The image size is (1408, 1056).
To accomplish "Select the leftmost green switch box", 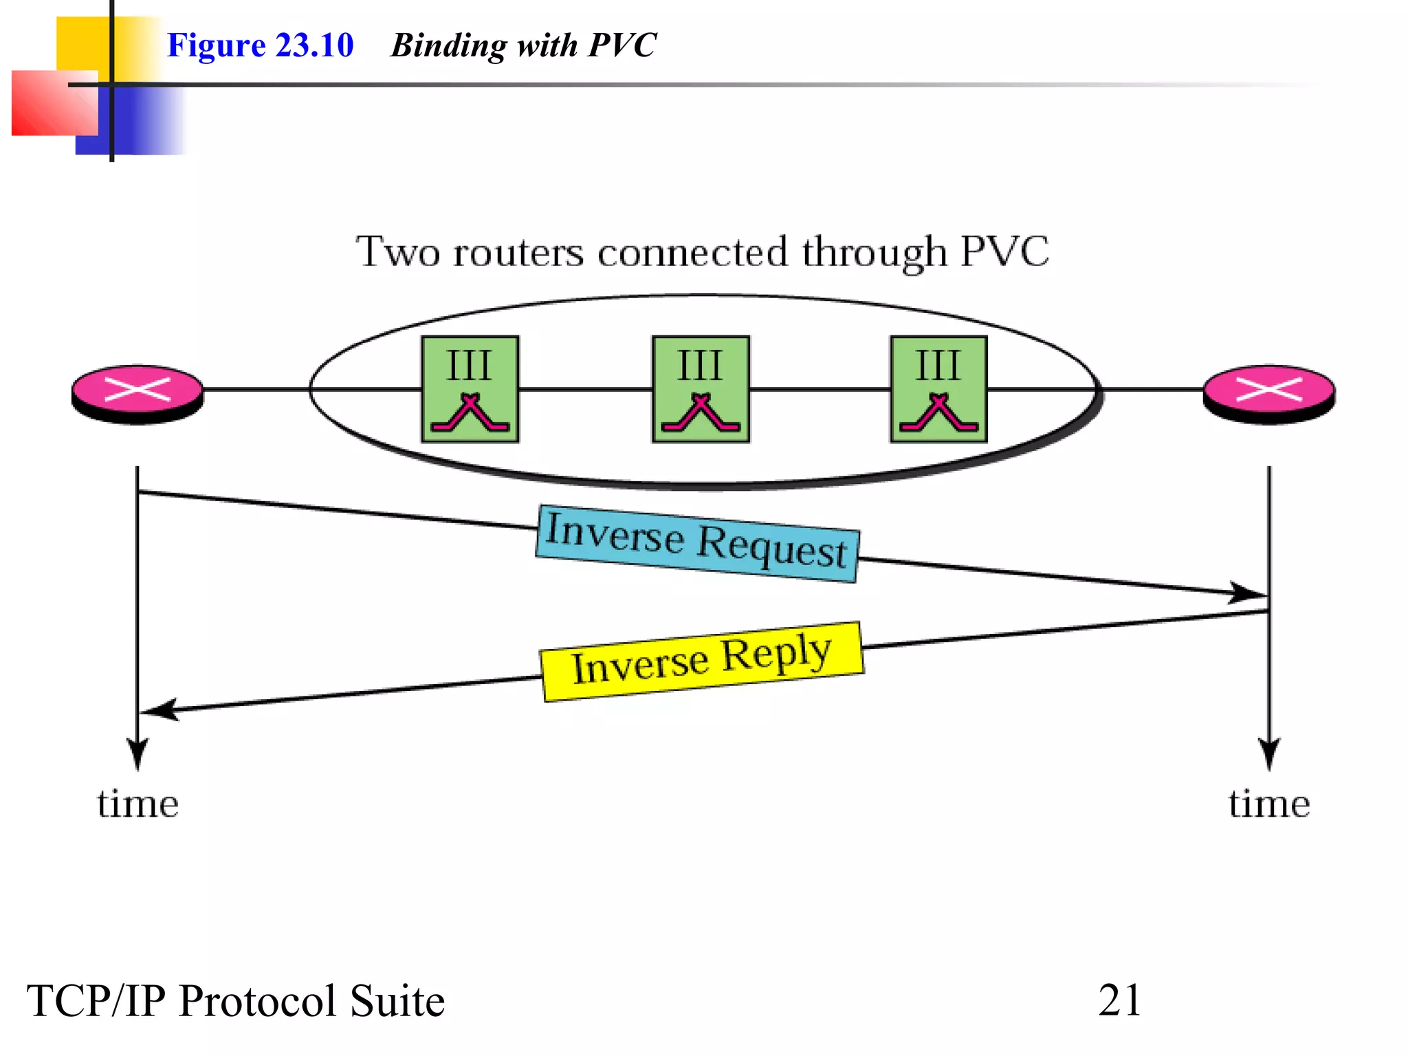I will (x=470, y=389).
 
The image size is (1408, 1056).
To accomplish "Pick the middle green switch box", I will (x=701, y=389).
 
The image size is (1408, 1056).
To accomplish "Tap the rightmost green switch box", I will (x=938, y=389).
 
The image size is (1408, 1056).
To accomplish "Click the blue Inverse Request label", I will (x=697, y=544).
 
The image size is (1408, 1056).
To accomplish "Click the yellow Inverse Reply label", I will (x=702, y=661).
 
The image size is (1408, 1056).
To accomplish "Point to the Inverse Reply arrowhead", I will (x=158, y=710).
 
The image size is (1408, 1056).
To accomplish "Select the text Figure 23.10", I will (x=260, y=45).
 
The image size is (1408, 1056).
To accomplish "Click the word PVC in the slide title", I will (x=623, y=45).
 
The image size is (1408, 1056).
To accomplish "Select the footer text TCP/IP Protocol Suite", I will (x=236, y=1000).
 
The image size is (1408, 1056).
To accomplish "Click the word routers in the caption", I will (x=518, y=252).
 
